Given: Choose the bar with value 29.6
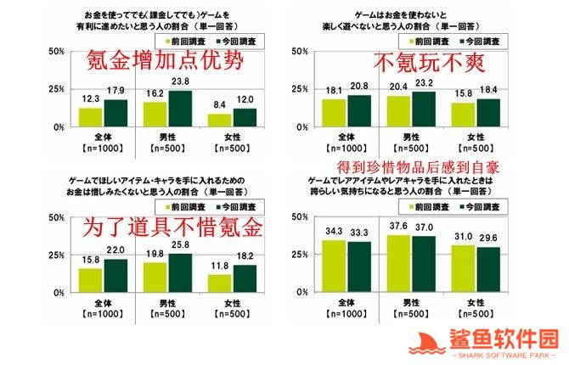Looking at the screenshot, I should click(x=487, y=270).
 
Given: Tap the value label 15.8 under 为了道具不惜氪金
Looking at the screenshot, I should click(x=90, y=262).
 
